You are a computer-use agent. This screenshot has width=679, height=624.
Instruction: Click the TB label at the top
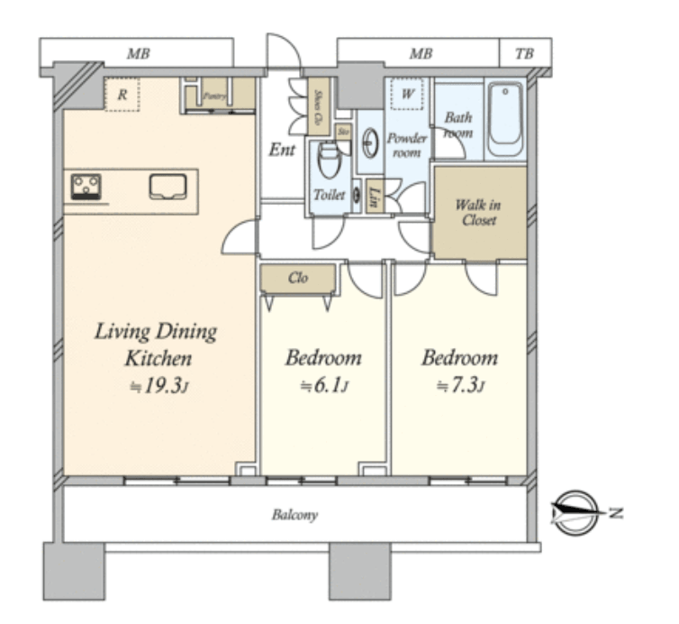pos(524,54)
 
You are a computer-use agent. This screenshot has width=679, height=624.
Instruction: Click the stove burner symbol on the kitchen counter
pos(87,188)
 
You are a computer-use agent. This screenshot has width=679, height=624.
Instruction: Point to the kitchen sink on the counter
pos(167,188)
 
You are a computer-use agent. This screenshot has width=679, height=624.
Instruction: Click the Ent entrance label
pos(282,150)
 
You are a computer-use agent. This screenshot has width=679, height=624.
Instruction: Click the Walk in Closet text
pos(477,212)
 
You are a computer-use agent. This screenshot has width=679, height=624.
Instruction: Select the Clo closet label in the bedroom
pos(298,278)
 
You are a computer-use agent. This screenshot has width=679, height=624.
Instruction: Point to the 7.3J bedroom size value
pos(460,386)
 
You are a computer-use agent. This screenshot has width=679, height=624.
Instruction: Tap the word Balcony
pos(294,516)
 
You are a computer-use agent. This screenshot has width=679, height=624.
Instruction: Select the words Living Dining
pos(157,332)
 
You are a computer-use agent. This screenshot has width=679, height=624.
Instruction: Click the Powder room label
pos(406,145)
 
